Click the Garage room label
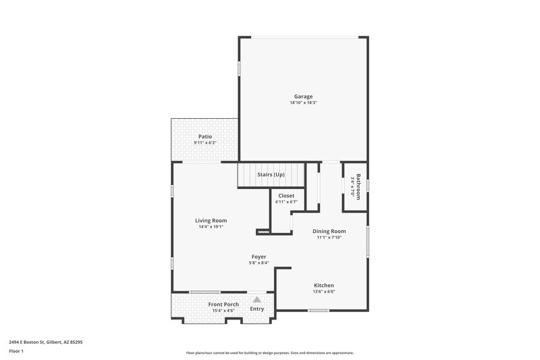303,96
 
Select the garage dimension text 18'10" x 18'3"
303,103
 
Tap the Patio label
205,136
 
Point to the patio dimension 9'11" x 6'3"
205,143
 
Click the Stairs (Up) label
271,174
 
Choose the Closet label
286,195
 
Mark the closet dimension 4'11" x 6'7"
286,202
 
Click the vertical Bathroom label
359,186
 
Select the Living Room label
211,220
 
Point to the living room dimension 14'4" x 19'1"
211,227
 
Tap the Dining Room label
329,231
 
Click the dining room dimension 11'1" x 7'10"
329,238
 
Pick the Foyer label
259,257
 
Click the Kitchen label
323,285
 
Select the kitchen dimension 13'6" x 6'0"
323,292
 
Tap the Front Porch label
223,304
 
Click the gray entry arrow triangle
256,299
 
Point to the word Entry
257,309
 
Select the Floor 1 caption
16,352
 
